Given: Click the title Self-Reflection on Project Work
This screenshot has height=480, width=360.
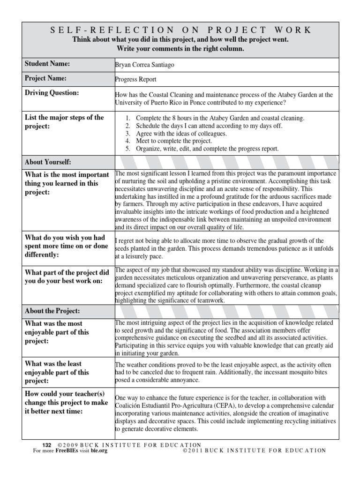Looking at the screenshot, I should coord(180,30).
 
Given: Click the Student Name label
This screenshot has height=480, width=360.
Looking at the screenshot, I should coord(47,64).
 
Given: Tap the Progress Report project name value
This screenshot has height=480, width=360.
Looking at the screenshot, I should coord(136,80).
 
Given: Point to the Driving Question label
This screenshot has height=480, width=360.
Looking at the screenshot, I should coord(52,93).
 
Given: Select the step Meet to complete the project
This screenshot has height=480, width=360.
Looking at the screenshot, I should coord(173,141).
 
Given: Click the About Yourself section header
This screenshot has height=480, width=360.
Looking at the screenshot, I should coord(48,162).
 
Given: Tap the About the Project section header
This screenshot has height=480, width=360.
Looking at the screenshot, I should coord(52,311).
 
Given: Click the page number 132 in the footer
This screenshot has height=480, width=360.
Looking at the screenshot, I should coord(46,445).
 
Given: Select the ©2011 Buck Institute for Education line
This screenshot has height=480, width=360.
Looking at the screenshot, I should coord(254,450).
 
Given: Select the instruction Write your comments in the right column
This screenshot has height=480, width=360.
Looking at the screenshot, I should coord(180,48).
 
